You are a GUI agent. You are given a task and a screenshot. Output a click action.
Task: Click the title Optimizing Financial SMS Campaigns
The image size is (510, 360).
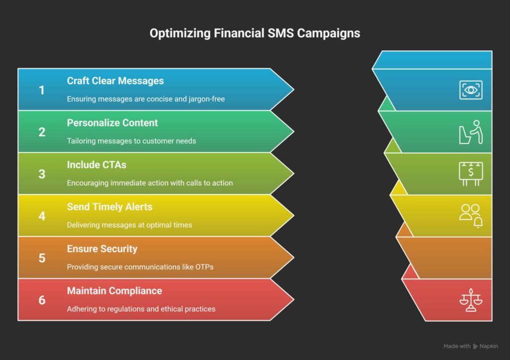point(255,33)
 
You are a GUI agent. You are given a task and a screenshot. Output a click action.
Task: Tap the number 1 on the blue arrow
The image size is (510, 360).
point(42,90)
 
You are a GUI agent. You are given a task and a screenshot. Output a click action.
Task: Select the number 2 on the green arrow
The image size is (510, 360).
point(42,132)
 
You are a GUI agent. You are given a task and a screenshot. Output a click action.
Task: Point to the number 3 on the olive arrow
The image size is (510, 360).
point(42,174)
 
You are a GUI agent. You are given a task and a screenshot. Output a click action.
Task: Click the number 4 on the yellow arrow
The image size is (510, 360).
point(42,216)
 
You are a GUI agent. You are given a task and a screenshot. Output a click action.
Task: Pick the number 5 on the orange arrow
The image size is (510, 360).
point(42,258)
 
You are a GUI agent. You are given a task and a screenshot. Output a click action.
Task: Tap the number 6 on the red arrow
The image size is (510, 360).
point(42,300)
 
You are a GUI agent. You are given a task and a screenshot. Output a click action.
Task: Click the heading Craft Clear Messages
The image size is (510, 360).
point(115,81)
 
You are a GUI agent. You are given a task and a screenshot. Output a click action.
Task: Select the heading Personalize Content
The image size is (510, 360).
point(112,123)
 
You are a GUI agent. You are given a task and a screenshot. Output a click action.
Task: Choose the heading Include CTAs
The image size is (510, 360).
point(97,165)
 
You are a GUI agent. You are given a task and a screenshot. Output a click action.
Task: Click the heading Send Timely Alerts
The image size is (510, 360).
point(110,207)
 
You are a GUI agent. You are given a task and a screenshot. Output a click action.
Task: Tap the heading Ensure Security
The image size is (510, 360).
point(102,249)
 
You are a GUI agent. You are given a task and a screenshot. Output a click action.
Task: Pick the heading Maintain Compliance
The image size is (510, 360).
point(115,291)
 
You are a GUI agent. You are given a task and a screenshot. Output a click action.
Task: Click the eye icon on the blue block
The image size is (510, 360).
point(471,90)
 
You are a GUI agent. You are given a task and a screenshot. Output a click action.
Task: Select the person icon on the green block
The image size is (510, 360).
point(471,132)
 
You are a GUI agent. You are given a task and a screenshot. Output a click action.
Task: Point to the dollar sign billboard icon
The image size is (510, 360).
point(471,174)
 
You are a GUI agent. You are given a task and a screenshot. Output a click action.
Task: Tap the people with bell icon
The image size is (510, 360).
point(471,216)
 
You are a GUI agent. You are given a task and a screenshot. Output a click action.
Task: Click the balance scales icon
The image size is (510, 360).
point(471,300)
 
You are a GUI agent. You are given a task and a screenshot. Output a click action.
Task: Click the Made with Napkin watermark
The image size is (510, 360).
point(471,347)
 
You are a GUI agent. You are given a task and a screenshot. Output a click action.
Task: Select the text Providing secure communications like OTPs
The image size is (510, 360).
point(140,267)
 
